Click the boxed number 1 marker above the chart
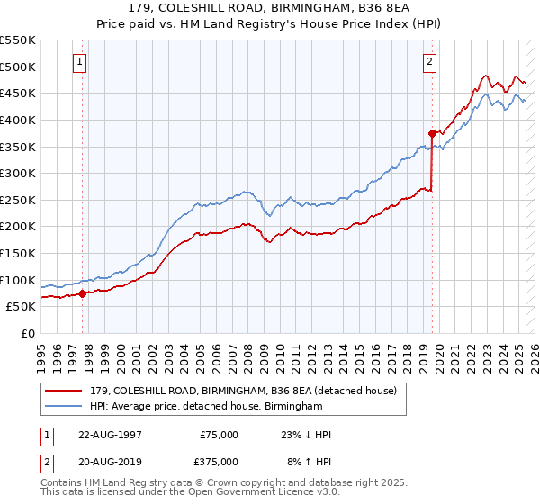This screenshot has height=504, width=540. tap(80, 62)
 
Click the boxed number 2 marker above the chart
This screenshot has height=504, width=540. tap(429, 62)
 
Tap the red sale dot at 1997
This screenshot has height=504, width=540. tap(82, 292)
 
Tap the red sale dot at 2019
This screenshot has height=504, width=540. tap(432, 133)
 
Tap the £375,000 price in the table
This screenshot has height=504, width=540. tap(219, 462)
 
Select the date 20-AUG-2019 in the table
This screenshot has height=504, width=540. tap(110, 462)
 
